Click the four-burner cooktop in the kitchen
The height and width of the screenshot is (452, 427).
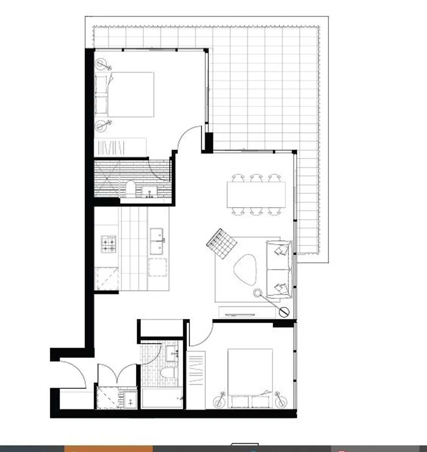pyautogui.click(x=108, y=244)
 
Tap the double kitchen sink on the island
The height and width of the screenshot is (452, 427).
pyautogui.click(x=157, y=241)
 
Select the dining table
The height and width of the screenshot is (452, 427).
pyautogui.click(x=256, y=195)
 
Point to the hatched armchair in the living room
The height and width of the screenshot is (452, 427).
pyautogui.click(x=222, y=243)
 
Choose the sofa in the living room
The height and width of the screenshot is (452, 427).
pyautogui.click(x=279, y=269)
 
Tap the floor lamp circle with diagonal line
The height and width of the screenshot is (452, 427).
pyautogui.click(x=284, y=312)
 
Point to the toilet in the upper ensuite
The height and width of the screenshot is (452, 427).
pyautogui.click(x=130, y=189)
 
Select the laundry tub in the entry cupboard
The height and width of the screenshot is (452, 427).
pyautogui.click(x=130, y=401)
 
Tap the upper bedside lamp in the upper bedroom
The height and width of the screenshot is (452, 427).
pyautogui.click(x=102, y=65)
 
